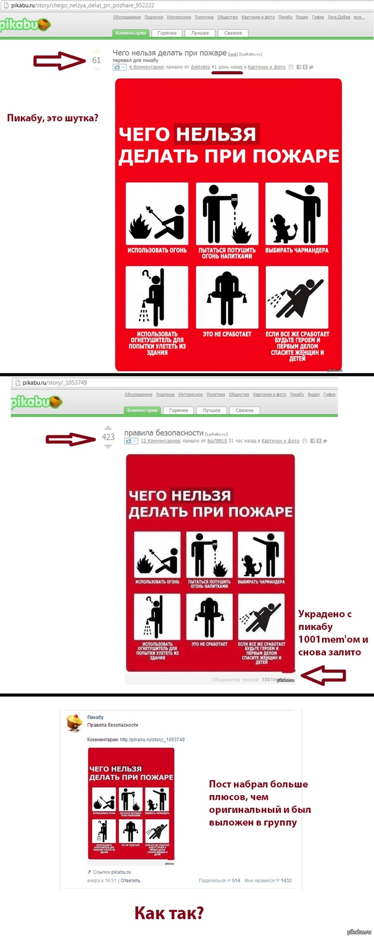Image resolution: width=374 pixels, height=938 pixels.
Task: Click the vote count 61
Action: coord(96,60)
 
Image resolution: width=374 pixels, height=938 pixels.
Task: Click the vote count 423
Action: coord(108,437)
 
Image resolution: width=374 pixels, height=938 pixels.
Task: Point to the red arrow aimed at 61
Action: coord(59,61)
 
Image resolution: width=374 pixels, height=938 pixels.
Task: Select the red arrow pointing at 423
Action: coord(71,440)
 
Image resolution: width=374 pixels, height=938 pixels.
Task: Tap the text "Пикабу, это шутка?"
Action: coord(52,118)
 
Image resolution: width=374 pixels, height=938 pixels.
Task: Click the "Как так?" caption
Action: coord(169,912)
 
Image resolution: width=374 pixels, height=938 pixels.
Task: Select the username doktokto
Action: coord(200,67)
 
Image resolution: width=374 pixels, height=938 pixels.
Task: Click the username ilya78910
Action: coord(217,441)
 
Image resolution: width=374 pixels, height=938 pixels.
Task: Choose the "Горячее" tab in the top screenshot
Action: coord(167,33)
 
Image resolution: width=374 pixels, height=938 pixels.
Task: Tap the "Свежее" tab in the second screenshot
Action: coord(245,410)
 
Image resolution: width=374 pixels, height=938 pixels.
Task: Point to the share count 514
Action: coord(236,880)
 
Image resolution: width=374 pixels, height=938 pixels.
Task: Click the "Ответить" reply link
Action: coord(130,880)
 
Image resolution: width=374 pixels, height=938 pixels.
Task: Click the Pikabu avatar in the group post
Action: coord(74,722)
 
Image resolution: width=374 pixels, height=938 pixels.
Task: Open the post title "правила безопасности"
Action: coord(163,433)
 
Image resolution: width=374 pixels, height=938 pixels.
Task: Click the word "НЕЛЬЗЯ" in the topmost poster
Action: coord(216,134)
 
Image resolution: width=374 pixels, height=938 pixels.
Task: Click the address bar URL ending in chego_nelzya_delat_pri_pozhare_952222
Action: coord(83,5)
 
